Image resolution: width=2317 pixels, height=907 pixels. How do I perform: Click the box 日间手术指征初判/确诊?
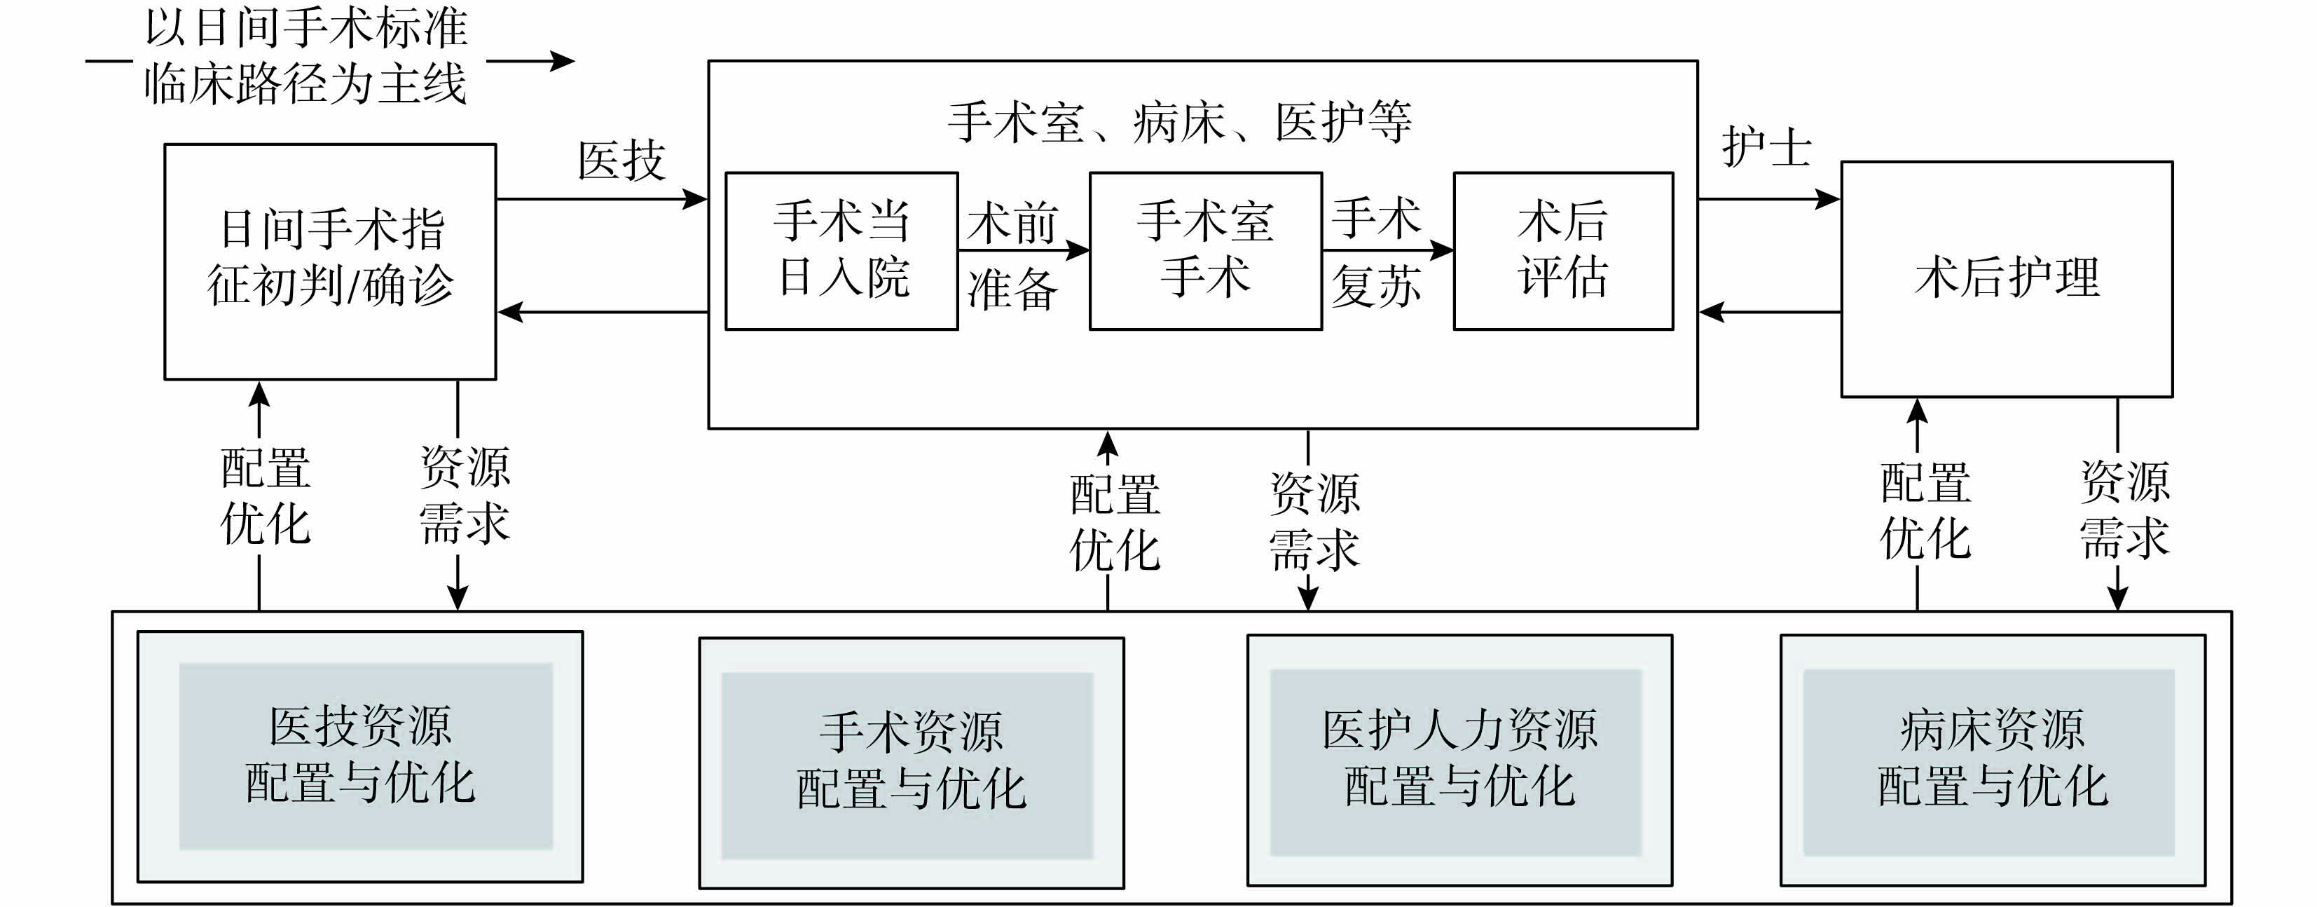330,261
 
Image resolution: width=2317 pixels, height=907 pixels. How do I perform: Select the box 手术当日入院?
841,250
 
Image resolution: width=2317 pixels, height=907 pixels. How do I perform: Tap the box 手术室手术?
1205,250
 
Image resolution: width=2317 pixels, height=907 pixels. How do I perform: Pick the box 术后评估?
1563,250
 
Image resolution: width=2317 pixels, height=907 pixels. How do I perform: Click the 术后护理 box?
2007,279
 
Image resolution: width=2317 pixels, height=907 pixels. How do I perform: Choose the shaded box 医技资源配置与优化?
360,756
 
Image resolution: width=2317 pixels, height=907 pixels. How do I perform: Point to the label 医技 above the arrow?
621,162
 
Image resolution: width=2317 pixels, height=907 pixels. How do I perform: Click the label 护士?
1766,149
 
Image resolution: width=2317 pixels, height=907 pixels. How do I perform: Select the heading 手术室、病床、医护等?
1180,123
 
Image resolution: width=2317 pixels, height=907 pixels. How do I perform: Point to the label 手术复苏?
1376,253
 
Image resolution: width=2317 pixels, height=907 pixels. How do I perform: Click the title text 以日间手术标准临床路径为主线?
305,56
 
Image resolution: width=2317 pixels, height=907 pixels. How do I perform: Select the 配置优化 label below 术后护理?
1926,510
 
